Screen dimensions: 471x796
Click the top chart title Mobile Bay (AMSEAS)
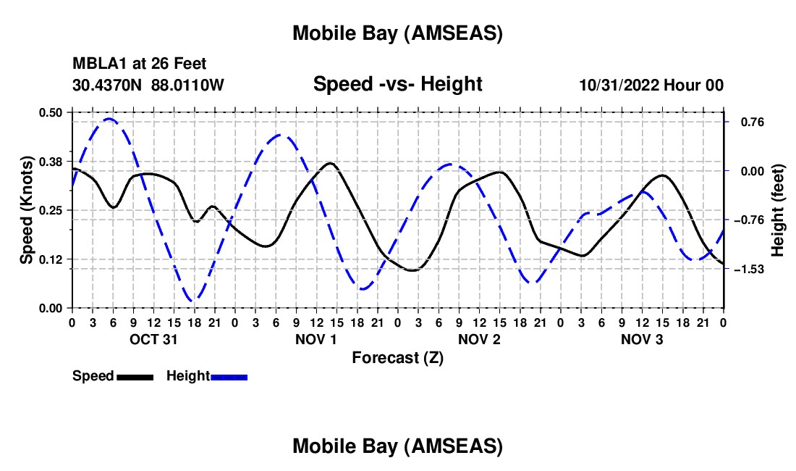pyautogui.click(x=397, y=33)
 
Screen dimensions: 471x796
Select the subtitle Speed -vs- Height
pyautogui.click(x=397, y=84)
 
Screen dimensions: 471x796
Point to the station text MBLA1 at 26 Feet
pyautogui.click(x=139, y=64)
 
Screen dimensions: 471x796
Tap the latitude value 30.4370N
pyautogui.click(x=108, y=85)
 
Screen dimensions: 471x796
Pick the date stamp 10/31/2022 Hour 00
pyautogui.click(x=651, y=85)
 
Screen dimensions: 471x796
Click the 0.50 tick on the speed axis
pyautogui.click(x=51, y=112)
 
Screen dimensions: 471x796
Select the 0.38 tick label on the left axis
pyautogui.click(x=51, y=161)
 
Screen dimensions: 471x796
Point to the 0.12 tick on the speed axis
pyautogui.click(x=51, y=259)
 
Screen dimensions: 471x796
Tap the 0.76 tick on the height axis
pyautogui.click(x=745, y=122)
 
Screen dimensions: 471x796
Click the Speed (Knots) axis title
pyautogui.click(x=27, y=210)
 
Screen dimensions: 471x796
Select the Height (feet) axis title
pyautogui.click(x=778, y=210)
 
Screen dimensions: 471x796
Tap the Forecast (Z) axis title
pyautogui.click(x=397, y=358)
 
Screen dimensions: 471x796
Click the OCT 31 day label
pyautogui.click(x=153, y=339)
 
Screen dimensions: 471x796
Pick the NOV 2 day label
pyautogui.click(x=479, y=339)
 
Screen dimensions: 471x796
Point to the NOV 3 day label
pyautogui.click(x=642, y=339)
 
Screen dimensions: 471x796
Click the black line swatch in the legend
pyautogui.click(x=135, y=377)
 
